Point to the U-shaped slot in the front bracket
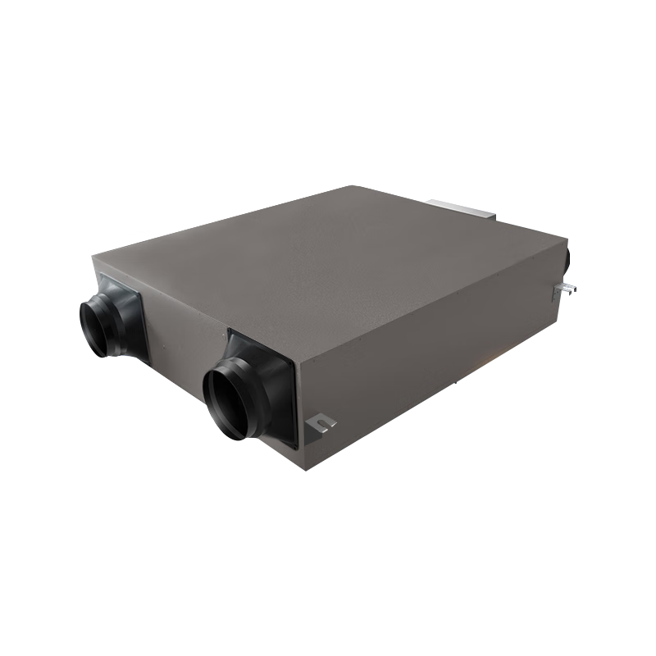(x=326, y=425)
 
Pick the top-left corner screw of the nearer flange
(x=231, y=335)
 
